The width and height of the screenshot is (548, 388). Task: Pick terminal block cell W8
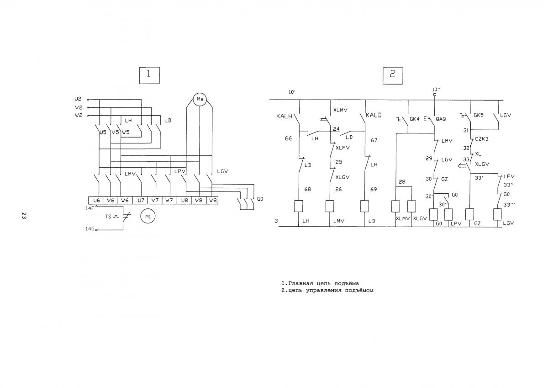tap(212, 200)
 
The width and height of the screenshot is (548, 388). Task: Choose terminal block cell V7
tap(155, 200)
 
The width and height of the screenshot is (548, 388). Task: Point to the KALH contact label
tap(284, 116)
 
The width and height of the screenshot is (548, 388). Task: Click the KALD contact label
tap(374, 115)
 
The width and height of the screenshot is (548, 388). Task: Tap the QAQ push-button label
tap(441, 119)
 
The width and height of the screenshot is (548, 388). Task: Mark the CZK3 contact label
tap(482, 139)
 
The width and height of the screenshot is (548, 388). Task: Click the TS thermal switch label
tap(108, 217)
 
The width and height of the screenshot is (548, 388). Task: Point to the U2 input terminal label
tap(78, 99)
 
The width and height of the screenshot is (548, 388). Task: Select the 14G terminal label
tap(90, 229)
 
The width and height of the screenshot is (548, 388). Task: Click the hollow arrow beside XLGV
tap(462, 166)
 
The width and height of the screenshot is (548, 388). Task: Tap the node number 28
tap(402, 181)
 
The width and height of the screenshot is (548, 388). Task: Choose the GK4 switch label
tap(415, 119)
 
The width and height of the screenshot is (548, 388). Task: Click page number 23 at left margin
tap(24, 216)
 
